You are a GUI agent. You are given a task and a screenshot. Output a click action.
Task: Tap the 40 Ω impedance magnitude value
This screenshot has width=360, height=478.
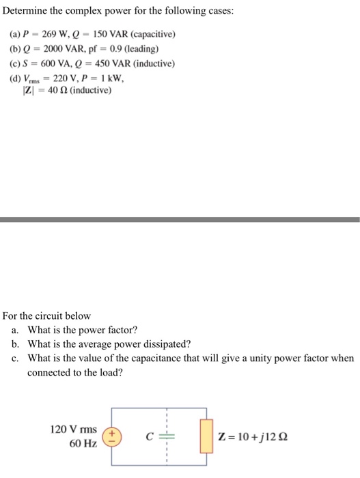[x=55, y=90]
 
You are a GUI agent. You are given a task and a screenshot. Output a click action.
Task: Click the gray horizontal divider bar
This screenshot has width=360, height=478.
[x=180, y=219]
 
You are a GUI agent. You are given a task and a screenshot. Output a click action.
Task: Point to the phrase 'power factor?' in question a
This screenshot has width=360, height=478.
[x=108, y=329]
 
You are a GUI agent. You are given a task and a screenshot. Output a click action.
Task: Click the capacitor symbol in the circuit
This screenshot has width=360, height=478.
[x=165, y=437]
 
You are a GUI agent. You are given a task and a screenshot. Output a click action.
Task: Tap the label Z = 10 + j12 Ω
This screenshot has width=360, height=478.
[x=252, y=437]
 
